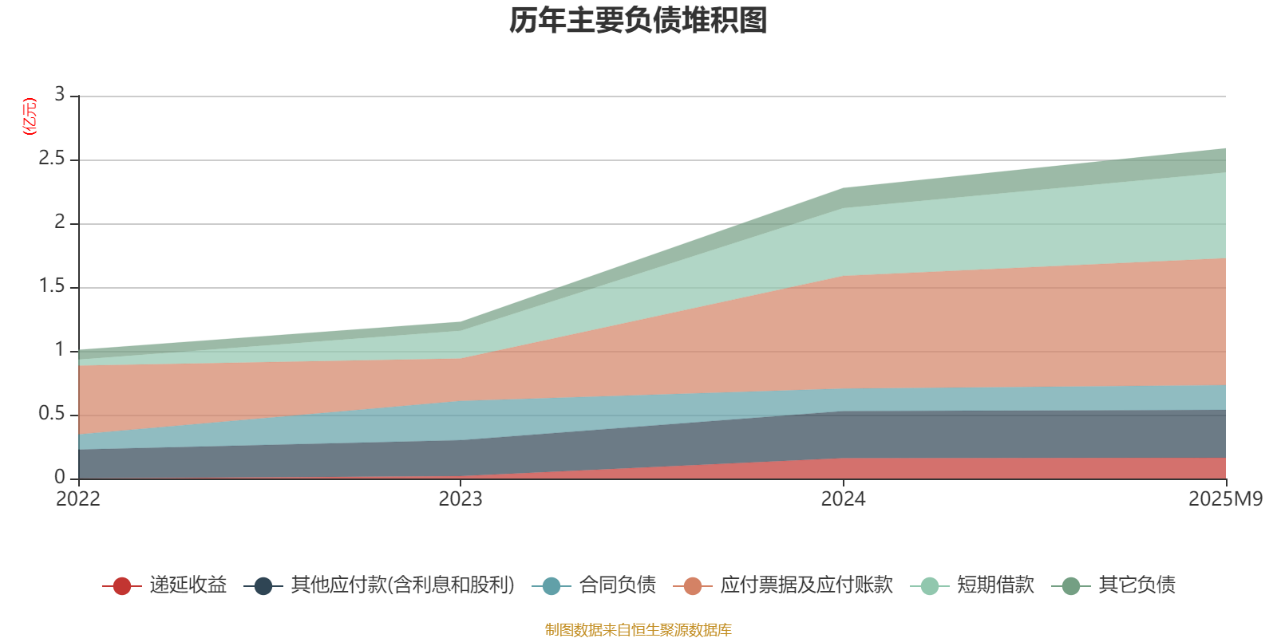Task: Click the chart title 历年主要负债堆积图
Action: (x=638, y=21)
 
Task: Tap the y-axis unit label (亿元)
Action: (x=30, y=116)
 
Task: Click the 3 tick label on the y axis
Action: (x=59, y=95)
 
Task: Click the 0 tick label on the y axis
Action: (x=59, y=477)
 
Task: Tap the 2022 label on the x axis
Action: (x=78, y=499)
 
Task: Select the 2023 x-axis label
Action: (x=461, y=499)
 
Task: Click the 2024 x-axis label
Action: (x=844, y=499)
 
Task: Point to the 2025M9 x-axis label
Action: (x=1225, y=499)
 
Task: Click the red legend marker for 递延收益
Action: (x=122, y=586)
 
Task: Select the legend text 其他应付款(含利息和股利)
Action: (x=402, y=585)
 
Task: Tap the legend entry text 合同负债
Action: (x=618, y=585)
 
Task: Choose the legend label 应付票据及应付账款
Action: (x=806, y=585)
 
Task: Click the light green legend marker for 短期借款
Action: (x=930, y=586)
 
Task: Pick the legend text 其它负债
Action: (x=1137, y=585)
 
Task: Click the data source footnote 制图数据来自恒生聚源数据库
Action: (x=638, y=630)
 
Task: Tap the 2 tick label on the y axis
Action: (x=59, y=223)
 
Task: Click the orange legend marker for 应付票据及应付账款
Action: (x=693, y=586)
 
